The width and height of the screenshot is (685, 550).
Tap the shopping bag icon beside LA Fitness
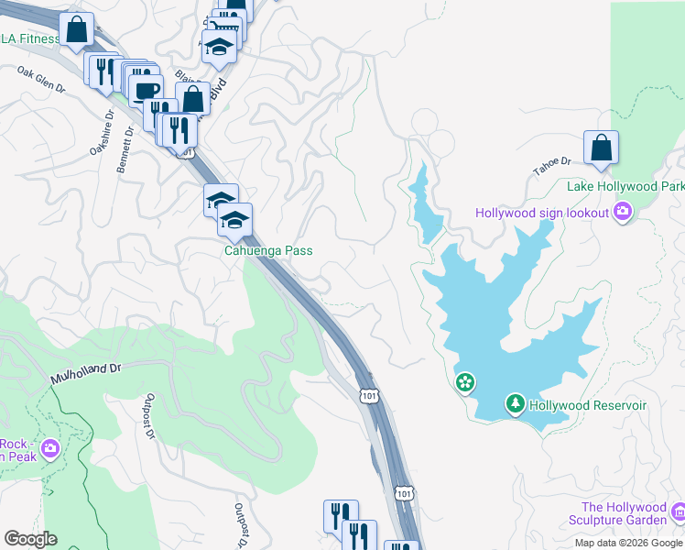pyautogui.click(x=76, y=28)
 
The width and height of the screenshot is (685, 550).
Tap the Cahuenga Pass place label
pyautogui.click(x=269, y=250)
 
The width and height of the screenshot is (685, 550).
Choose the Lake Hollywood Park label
pyautogui.click(x=625, y=186)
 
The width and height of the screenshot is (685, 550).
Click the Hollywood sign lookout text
pyautogui.click(x=542, y=213)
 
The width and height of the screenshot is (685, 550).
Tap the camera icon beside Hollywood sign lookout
pyautogui.click(x=623, y=213)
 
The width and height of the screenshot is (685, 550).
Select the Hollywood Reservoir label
pyautogui.click(x=588, y=404)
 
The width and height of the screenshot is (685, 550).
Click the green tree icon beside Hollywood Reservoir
pyautogui.click(x=516, y=404)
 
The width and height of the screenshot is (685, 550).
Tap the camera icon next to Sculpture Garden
pyautogui.click(x=678, y=511)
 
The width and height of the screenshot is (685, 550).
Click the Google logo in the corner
pyautogui.click(x=30, y=539)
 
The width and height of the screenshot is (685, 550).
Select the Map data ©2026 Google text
pyautogui.click(x=628, y=543)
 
